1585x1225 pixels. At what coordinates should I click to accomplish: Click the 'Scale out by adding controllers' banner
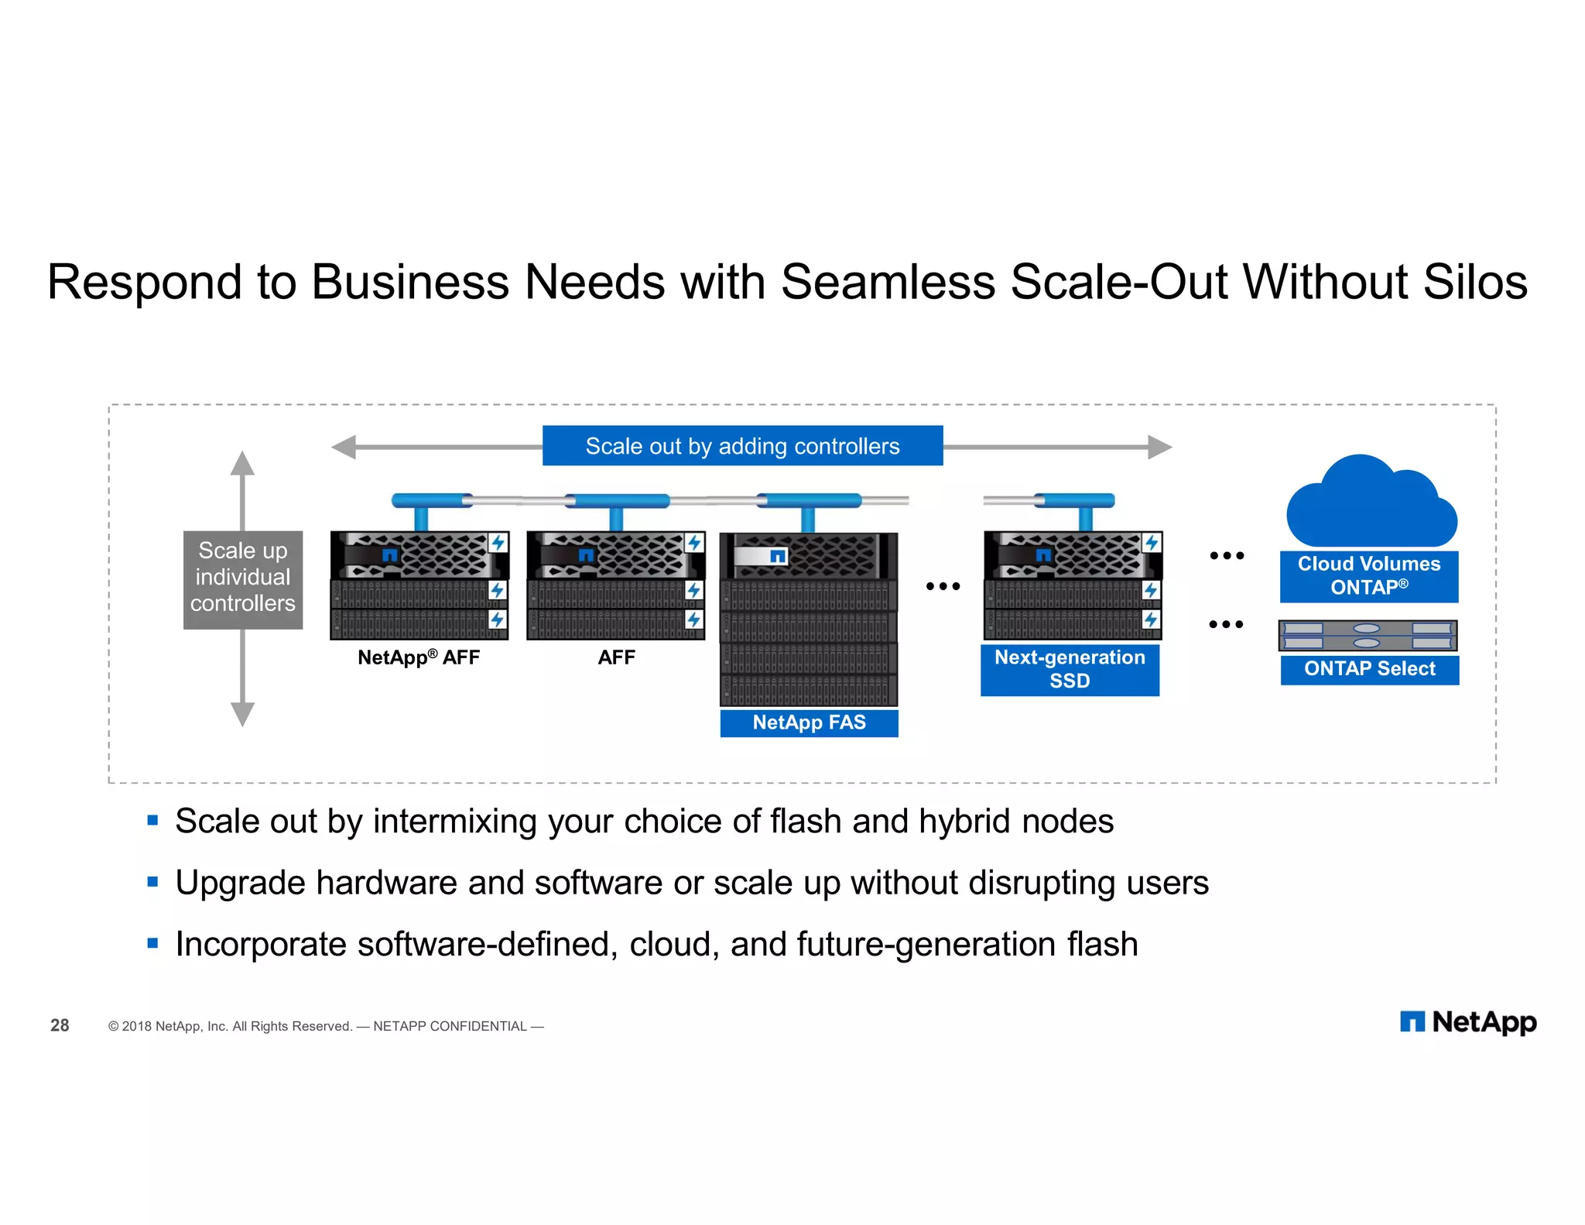(742, 445)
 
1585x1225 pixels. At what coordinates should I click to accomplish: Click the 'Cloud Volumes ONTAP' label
(1368, 575)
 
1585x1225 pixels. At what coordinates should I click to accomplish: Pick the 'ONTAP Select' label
(1369, 669)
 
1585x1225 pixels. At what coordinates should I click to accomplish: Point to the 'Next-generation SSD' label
(1070, 669)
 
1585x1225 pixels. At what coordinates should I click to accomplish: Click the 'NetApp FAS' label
(809, 722)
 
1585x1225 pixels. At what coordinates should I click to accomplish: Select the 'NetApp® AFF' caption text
(419, 657)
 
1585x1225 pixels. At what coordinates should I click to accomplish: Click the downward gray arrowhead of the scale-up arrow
(242, 714)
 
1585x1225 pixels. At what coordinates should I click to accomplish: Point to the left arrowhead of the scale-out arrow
(344, 447)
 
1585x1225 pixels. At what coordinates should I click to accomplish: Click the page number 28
(60, 1025)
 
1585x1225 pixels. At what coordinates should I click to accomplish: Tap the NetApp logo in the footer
(1467, 1022)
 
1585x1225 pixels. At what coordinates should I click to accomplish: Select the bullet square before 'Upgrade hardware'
(152, 881)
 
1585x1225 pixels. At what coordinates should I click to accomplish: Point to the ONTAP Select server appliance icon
(1368, 636)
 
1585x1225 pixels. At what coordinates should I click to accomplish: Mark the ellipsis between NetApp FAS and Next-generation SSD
(943, 587)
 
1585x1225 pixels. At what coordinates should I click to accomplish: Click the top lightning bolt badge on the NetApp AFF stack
(498, 542)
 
